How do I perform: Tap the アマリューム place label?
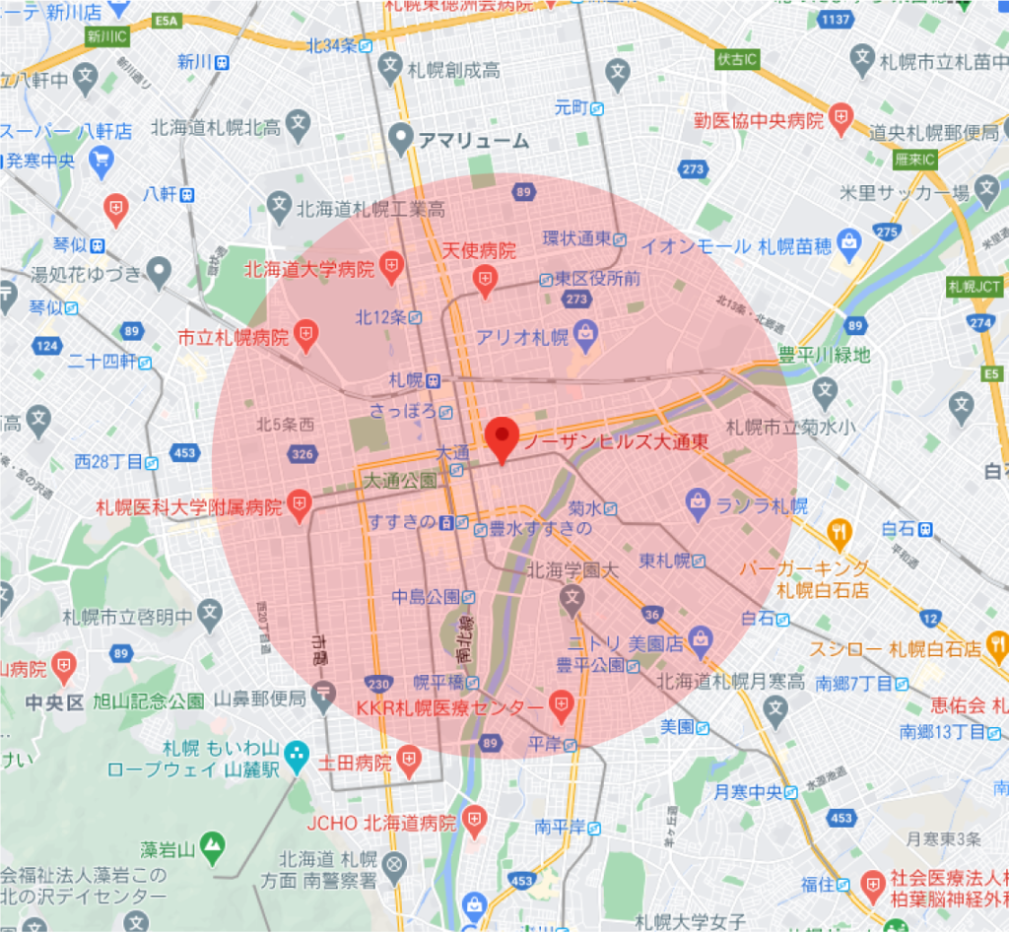[472, 141]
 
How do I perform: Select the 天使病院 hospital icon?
[484, 281]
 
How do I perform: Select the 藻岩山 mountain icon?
[211, 844]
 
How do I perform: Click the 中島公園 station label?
[426, 596]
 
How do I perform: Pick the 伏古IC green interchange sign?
[737, 60]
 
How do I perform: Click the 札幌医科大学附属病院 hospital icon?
[299, 506]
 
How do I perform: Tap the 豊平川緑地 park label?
[825, 355]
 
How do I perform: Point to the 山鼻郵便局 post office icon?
[322, 698]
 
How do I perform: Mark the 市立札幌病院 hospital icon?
[305, 336]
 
